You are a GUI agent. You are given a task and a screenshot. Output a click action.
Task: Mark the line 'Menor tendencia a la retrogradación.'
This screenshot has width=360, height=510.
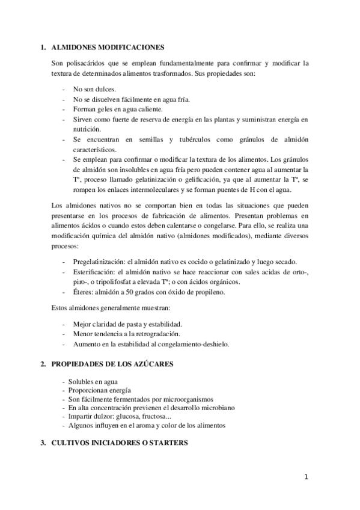tap(127, 333)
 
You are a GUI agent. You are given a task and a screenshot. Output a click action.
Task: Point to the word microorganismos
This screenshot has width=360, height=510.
tap(184, 399)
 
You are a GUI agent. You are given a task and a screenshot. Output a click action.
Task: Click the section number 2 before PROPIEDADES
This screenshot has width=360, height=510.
tap(43, 364)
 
